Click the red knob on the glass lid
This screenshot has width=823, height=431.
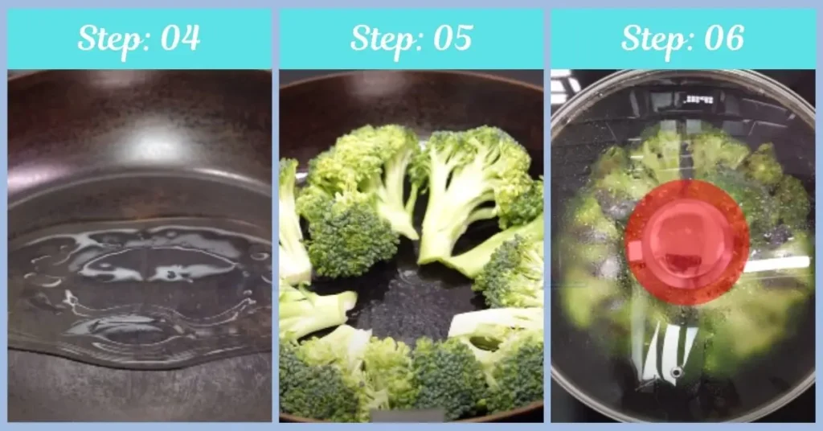[x=686, y=242]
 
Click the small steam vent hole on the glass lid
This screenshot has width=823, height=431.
[x=677, y=371]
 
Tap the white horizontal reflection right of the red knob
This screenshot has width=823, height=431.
[x=778, y=264]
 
